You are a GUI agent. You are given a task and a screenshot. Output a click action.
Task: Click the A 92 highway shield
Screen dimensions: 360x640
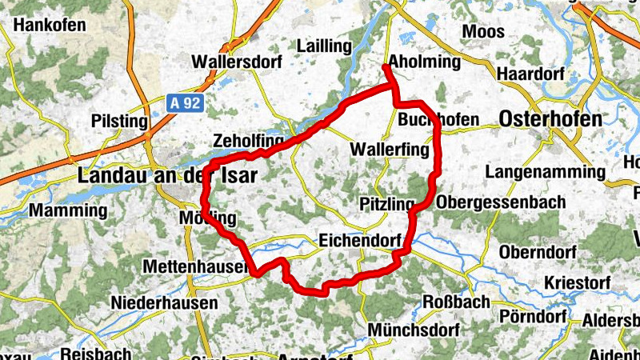pos(186,103)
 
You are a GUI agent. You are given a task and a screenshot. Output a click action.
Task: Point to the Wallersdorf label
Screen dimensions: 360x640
pos(228,61)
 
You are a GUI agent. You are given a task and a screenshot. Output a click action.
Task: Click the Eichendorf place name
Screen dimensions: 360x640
pos(358,239)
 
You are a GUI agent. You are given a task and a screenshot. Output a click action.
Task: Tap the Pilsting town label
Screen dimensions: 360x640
pos(121,122)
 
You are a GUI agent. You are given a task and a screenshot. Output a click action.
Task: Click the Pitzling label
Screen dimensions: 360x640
pos(387,202)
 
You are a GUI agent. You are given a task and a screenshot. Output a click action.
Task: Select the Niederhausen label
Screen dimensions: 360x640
pos(164,303)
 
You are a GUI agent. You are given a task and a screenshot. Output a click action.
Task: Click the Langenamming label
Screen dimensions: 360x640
pos(545,172)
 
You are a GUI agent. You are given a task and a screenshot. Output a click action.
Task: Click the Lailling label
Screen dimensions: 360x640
pos(324,46)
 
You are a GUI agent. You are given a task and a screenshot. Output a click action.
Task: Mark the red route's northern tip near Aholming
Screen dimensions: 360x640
pos(386,67)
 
